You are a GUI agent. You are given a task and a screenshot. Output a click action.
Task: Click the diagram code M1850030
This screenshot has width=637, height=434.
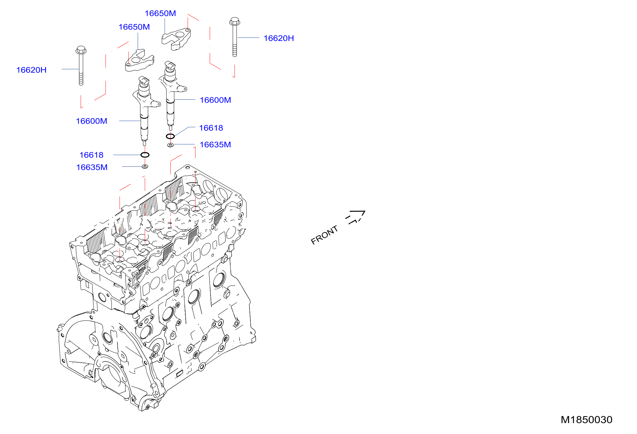point(586,420)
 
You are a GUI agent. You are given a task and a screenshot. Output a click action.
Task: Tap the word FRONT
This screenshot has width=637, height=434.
point(324,235)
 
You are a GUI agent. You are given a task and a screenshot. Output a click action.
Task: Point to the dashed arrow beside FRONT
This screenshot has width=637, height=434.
point(355,217)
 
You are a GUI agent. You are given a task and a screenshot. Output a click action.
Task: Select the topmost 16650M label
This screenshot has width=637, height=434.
point(160,13)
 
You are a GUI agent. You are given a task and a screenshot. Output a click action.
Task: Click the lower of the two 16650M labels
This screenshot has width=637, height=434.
point(134,27)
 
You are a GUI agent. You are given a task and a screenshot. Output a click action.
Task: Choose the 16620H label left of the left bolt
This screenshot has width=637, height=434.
point(31,70)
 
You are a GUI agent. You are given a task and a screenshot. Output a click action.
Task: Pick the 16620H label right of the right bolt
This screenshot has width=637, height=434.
point(279,38)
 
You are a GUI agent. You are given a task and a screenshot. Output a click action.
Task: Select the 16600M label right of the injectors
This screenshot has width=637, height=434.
point(215,100)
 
